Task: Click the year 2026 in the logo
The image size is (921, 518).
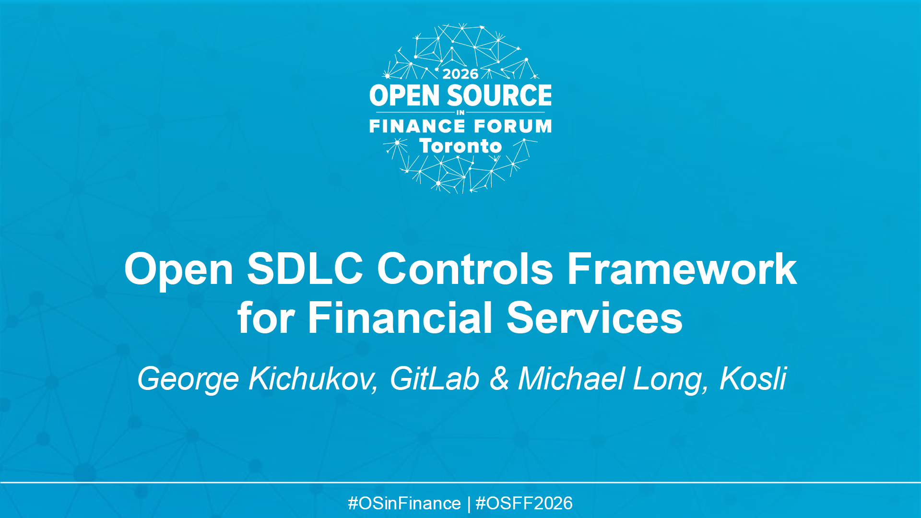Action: click(x=460, y=74)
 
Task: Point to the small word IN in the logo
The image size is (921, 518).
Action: click(x=460, y=113)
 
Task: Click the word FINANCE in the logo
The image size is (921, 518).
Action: click(x=417, y=126)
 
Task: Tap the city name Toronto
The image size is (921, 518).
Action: click(x=460, y=146)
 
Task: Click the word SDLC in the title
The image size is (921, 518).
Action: click(x=305, y=269)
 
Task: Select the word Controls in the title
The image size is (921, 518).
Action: click(x=465, y=269)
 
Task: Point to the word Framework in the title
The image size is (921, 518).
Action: click(x=682, y=269)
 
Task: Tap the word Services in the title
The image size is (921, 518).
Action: click(x=594, y=318)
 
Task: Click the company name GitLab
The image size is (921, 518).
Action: click(x=434, y=379)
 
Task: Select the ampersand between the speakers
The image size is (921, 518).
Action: click(x=499, y=379)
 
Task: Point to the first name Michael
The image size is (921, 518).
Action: click(x=571, y=379)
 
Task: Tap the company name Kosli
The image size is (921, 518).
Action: click(x=753, y=379)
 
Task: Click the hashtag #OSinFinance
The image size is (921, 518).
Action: click(x=404, y=503)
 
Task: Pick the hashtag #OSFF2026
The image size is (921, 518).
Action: click(x=524, y=503)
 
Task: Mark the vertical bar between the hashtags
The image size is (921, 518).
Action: click(x=468, y=504)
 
